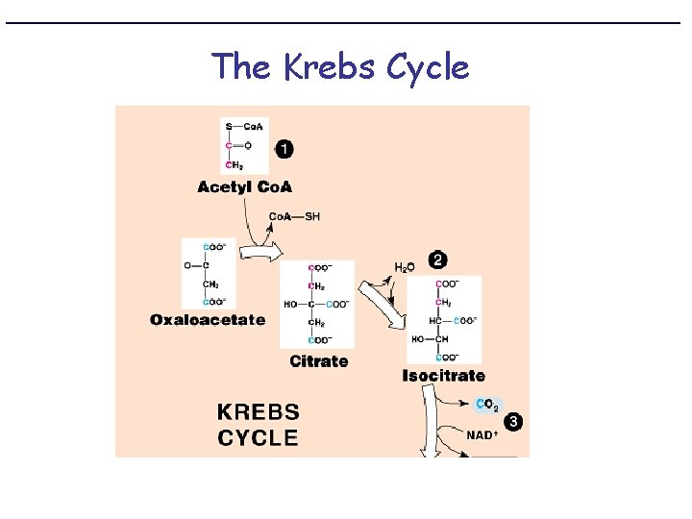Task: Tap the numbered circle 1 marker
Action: point(285,149)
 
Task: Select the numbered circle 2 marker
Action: point(438,259)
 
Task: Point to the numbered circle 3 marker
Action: point(514,422)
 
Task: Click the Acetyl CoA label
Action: point(244,186)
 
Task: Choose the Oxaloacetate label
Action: point(208,320)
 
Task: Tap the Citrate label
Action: point(319,361)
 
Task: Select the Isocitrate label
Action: point(443,376)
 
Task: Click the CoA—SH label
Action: point(294,216)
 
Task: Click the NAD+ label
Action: point(482,435)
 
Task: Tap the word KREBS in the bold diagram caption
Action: point(259,413)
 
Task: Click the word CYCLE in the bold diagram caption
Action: point(259,438)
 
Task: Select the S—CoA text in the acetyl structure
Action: point(244,127)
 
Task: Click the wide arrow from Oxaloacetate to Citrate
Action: point(259,254)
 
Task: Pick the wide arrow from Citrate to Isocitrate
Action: point(382,303)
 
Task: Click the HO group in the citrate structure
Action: point(290,304)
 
